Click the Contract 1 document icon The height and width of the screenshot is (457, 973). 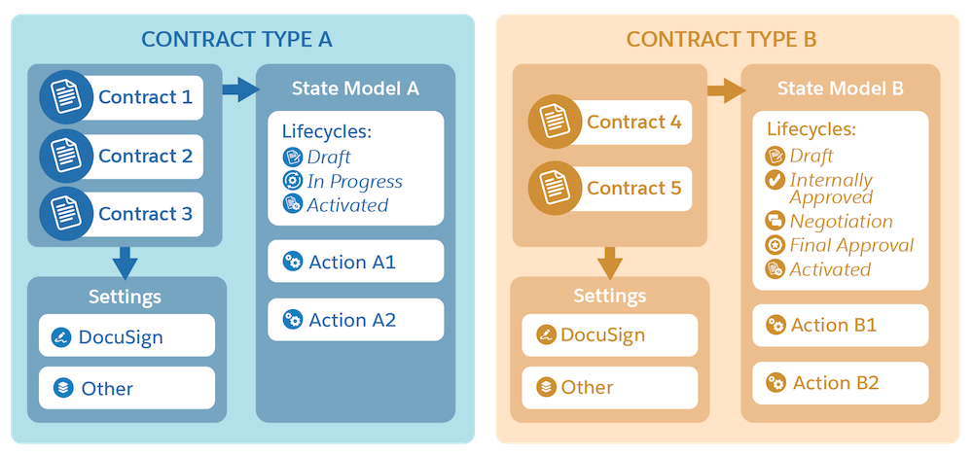[66, 97]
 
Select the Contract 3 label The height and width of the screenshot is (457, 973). [145, 214]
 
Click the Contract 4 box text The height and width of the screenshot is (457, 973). [633, 123]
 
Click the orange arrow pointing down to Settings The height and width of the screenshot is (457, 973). [609, 261]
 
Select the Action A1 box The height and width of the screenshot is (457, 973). [355, 262]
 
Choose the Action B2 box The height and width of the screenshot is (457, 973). [840, 383]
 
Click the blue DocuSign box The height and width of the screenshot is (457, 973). [126, 337]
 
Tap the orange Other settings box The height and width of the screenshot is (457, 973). [609, 387]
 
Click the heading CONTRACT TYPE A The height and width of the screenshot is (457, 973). [236, 40]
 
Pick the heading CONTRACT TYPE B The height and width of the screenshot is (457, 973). [721, 40]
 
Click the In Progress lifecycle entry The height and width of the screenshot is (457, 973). [354, 181]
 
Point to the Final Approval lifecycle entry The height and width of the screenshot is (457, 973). [851, 245]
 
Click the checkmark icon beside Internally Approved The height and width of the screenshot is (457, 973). [775, 180]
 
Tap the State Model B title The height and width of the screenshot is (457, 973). [841, 88]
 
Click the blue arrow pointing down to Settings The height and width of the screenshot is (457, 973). [125, 261]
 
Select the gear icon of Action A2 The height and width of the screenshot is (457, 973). [291, 319]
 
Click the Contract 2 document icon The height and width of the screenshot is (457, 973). [66, 156]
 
